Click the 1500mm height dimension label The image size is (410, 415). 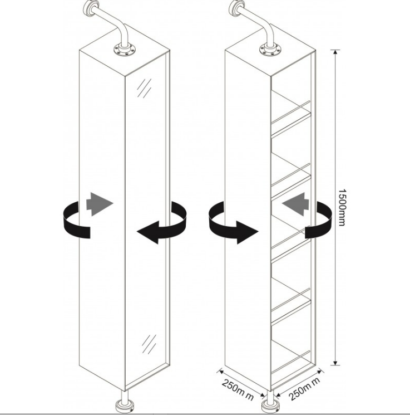(x=342, y=207)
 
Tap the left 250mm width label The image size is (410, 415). (x=238, y=389)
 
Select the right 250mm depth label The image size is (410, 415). (x=304, y=388)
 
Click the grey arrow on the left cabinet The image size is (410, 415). (x=100, y=204)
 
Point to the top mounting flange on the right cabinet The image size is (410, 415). (x=270, y=50)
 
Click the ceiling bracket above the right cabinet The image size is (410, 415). (x=237, y=7)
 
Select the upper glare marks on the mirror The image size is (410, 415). (x=144, y=88)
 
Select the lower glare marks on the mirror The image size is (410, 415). (x=149, y=344)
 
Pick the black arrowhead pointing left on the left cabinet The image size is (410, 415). (x=148, y=232)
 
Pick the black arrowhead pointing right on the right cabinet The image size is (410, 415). (x=247, y=232)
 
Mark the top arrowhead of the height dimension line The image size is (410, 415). (x=335, y=52)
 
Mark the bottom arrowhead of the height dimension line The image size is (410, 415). (x=335, y=363)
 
